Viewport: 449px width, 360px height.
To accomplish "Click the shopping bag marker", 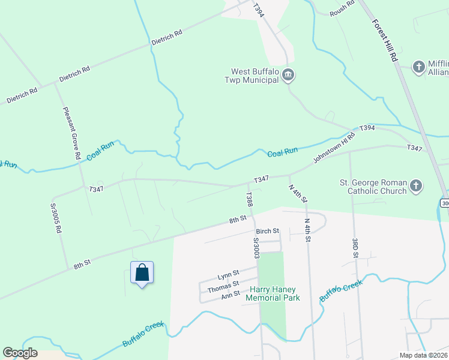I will (x=142, y=273).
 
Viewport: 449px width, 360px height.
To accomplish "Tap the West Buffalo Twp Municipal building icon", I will (x=288, y=75).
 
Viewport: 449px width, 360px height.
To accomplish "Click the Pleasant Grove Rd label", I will (x=71, y=133).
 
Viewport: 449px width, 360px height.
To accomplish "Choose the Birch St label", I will (x=268, y=231).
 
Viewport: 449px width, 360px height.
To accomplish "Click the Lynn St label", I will (x=228, y=274).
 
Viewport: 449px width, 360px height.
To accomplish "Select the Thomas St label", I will (x=223, y=286).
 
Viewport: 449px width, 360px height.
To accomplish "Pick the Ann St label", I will (x=231, y=295).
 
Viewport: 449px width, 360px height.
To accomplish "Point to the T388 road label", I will (x=249, y=200).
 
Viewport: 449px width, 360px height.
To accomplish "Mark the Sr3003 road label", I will (x=256, y=248).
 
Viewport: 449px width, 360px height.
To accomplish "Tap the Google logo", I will (x=20, y=353).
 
